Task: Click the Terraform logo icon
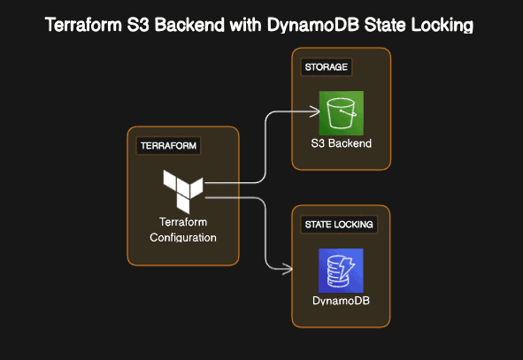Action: point(183,187)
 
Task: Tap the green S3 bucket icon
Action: point(341,113)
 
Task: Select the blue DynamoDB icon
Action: point(341,271)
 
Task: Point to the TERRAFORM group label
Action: point(168,145)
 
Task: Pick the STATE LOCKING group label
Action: point(340,225)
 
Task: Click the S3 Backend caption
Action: point(341,143)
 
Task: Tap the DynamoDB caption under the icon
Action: point(341,301)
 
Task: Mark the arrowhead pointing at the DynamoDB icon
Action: point(289,269)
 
